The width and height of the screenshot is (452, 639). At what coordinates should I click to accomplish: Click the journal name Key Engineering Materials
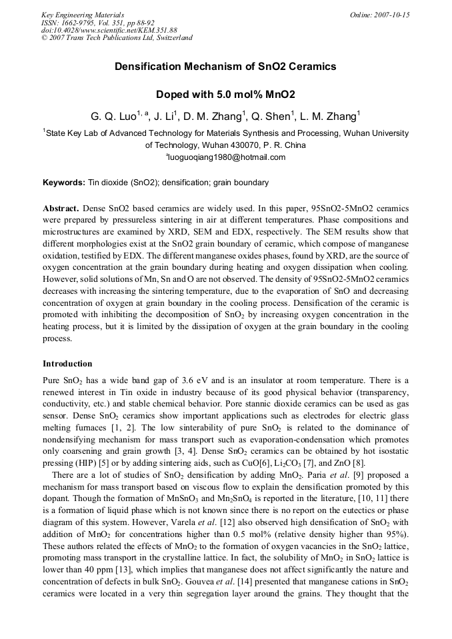83,15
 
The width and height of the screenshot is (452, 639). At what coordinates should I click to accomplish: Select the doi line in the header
109,30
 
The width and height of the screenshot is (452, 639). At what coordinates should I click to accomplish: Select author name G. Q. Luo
113,117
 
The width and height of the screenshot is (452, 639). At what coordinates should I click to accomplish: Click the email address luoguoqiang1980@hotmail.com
226,157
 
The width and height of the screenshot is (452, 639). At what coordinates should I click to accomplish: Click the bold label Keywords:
64,183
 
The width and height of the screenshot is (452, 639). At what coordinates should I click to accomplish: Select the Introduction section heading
67,364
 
